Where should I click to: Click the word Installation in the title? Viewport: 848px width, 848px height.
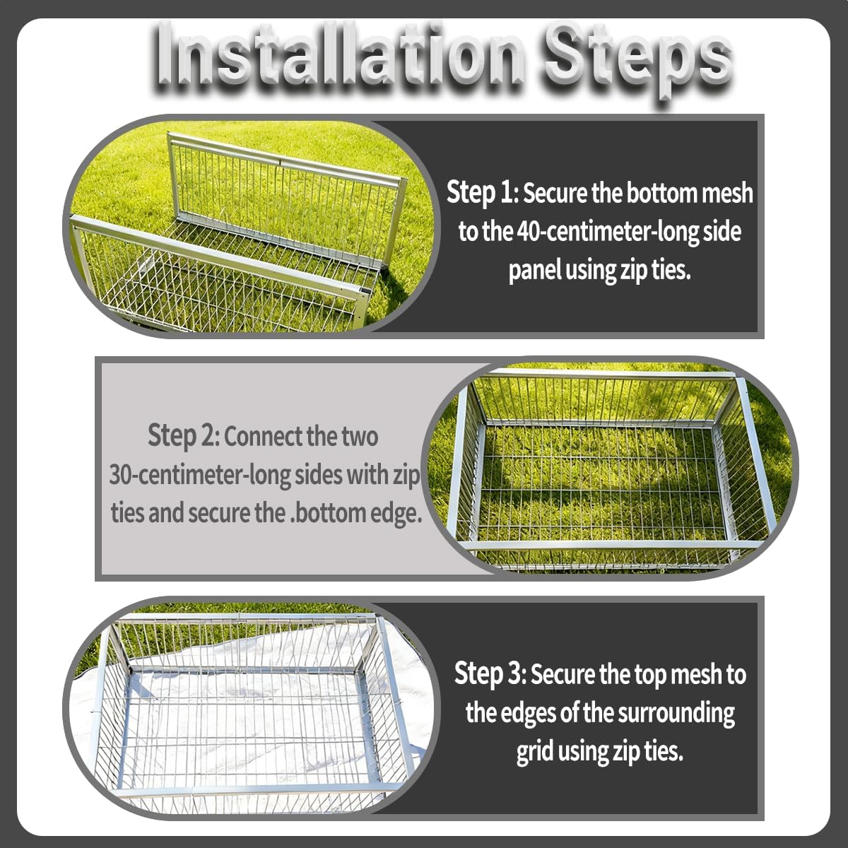(x=339, y=55)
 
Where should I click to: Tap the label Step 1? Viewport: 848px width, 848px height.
(x=483, y=193)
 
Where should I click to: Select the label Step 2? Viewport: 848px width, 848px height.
(x=184, y=436)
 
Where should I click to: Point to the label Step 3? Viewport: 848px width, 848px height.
(x=490, y=674)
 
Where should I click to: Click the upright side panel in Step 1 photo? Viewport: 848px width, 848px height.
(x=283, y=194)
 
